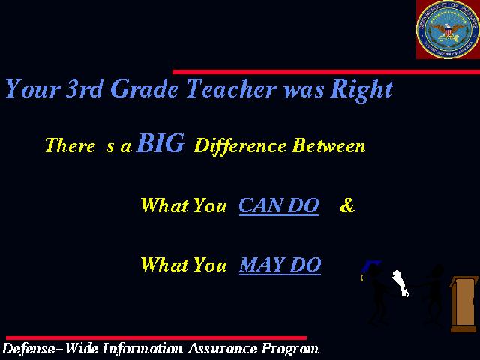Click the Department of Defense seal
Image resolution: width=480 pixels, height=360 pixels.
pos(448,29)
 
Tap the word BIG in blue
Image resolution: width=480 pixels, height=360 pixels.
pos(160,143)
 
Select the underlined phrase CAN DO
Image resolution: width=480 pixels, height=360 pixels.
pos(278,205)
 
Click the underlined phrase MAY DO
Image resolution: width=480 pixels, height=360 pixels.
pos(280,265)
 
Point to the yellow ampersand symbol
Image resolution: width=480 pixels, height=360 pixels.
pos(347,205)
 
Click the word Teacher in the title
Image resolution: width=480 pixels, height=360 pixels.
pos(231,88)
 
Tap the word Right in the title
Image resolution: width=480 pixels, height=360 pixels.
pos(361,90)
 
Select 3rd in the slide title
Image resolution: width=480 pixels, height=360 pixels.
pos(83,88)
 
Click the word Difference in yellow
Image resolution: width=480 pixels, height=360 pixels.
pos(240,145)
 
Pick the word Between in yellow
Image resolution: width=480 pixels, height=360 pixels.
pos(328,145)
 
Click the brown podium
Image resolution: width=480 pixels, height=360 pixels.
pos(463,304)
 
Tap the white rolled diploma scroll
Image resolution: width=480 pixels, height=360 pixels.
pos(400,283)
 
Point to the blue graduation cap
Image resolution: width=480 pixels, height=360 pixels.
pos(370,267)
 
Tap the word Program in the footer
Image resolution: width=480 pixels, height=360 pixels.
pos(290,349)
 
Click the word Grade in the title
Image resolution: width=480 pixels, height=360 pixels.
pos(144,88)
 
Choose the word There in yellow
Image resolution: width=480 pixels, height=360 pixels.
pos(70,145)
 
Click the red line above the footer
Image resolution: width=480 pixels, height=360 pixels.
pos(157,338)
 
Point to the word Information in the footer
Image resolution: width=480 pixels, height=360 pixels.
pos(142,348)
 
